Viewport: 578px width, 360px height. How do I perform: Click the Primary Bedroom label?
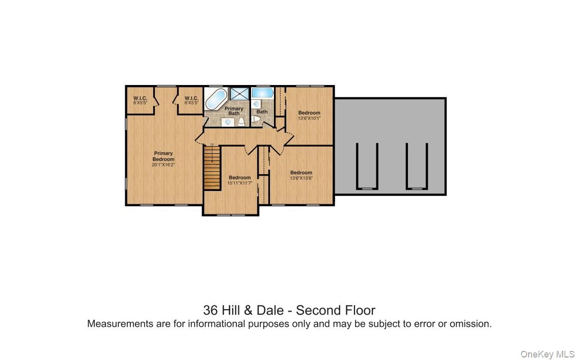click(x=163, y=156)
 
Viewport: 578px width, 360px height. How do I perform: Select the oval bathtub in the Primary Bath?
click(x=217, y=99)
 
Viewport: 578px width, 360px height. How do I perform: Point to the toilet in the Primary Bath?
click(x=241, y=121)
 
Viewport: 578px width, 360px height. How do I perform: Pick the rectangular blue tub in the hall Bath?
click(x=262, y=93)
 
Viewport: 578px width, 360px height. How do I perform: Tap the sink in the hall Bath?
click(x=257, y=104)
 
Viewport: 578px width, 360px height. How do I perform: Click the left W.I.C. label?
click(x=141, y=98)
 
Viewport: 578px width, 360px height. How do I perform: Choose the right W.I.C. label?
click(x=191, y=98)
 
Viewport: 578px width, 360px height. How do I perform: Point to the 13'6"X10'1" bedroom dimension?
click(x=309, y=118)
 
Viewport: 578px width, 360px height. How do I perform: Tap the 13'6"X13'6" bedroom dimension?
click(x=301, y=178)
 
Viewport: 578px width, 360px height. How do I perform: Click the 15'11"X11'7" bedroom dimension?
click(x=239, y=183)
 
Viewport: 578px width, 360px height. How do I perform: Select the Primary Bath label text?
click(x=234, y=111)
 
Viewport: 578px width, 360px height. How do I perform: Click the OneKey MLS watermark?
click(x=547, y=354)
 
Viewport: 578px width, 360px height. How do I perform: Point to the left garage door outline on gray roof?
click(x=367, y=166)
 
